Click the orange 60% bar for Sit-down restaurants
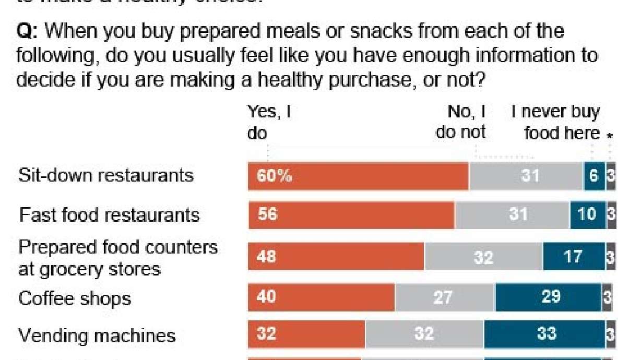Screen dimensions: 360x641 click(358, 176)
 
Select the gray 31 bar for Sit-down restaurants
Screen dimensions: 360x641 click(526, 176)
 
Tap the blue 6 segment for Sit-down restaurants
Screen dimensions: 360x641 click(594, 176)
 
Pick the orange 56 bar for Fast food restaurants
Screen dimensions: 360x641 click(351, 215)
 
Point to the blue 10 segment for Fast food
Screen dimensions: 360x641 click(587, 215)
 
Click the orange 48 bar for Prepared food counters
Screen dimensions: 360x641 click(336, 257)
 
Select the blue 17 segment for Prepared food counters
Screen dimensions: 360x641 click(574, 257)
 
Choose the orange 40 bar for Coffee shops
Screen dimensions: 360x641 click(321, 297)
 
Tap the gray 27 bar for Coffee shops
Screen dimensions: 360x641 click(444, 297)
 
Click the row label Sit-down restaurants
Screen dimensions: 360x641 click(106, 175)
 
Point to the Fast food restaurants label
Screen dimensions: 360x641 click(109, 215)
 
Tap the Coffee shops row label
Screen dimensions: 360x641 click(75, 298)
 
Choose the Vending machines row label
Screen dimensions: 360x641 click(97, 335)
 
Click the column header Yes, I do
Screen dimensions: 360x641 click(268, 122)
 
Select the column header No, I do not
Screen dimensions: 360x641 click(461, 122)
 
